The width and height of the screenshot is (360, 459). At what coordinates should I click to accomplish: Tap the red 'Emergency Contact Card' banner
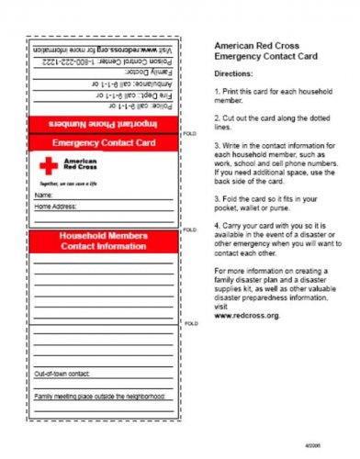[102, 143]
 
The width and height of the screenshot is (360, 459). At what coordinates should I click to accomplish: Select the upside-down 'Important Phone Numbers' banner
[102, 123]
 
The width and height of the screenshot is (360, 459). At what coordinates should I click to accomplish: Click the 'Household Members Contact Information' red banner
[102, 241]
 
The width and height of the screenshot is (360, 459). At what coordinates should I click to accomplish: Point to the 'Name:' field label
[43, 196]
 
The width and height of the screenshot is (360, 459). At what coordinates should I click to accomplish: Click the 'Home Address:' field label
[56, 207]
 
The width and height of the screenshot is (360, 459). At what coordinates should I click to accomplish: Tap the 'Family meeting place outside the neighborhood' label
[99, 397]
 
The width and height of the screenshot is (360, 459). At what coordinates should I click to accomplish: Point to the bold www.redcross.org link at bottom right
[246, 315]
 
